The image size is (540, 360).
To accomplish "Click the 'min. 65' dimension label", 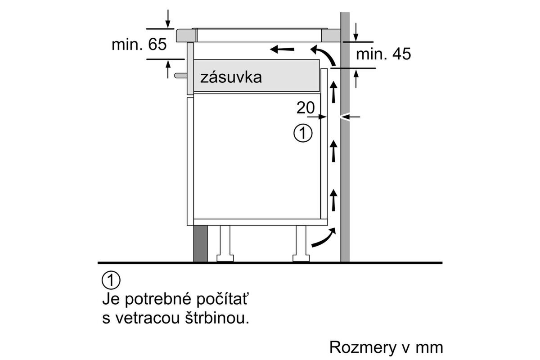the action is (139, 45).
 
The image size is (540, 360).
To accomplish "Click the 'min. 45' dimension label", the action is (383, 54).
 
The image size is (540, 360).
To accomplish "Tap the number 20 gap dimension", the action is (306, 108).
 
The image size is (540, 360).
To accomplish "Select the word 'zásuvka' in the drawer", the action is (231, 77).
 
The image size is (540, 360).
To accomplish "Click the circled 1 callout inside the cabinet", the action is (303, 133).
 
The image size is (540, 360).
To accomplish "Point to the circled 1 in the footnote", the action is (111, 280).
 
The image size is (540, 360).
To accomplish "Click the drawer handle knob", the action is (180, 76).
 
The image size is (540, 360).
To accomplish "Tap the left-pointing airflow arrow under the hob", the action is (282, 49).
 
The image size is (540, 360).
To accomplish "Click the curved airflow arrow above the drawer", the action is (325, 53).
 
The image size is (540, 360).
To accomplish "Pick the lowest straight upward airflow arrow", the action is (333, 200).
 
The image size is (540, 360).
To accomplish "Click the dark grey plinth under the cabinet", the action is (200, 243).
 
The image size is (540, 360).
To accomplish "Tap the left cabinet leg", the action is (225, 243).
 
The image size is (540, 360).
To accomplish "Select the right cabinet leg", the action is (301, 243).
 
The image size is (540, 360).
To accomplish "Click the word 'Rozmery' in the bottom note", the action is (363, 347).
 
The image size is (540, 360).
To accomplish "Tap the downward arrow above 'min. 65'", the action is (168, 19).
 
